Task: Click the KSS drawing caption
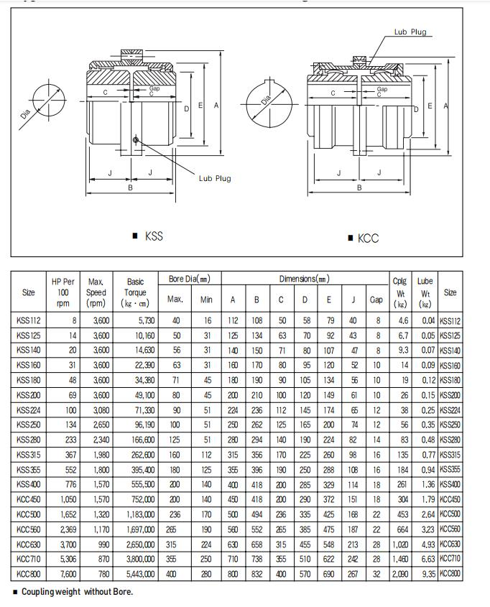tap(153, 236)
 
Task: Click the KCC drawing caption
tap(367, 238)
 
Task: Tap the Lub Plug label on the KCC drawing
tap(410, 32)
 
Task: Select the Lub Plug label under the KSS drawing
tap(215, 178)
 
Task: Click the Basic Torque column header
tap(135, 292)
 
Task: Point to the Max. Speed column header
tap(96, 292)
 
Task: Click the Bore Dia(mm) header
tap(189, 279)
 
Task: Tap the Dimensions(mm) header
tap(304, 279)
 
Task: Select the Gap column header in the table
tap(376, 300)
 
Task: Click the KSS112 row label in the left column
tap(29, 321)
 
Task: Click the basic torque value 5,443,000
tap(139, 574)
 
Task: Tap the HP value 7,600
tap(65, 574)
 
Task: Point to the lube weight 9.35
tap(427, 574)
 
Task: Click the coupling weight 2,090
tap(399, 574)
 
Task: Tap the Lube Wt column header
tap(425, 292)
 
